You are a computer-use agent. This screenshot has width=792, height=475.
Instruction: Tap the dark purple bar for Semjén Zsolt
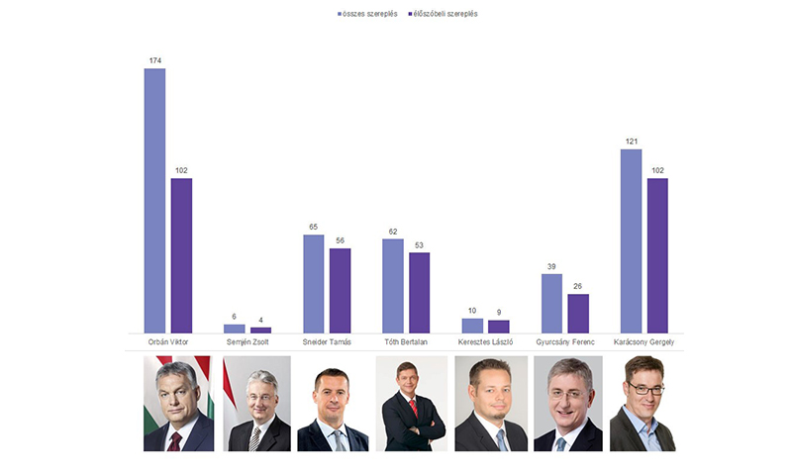point(260,330)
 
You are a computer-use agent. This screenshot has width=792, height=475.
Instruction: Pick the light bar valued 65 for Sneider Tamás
point(313,283)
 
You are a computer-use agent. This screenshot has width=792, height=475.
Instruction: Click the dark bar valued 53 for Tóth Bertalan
point(419,292)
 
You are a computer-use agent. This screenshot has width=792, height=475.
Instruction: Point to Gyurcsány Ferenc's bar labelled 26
point(578,313)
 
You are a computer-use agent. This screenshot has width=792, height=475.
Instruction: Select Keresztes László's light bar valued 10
point(472,325)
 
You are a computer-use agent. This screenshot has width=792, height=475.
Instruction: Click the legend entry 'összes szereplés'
point(367,15)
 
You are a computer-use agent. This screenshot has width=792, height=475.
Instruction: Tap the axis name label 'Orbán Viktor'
point(168,342)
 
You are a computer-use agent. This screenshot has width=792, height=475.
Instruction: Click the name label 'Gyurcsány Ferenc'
point(564,342)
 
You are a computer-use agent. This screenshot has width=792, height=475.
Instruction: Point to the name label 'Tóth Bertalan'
point(406,342)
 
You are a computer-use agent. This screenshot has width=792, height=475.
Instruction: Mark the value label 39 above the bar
point(551,267)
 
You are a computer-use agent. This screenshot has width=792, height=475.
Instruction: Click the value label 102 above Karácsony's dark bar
point(657,171)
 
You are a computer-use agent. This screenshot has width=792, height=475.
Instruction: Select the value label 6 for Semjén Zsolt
point(235,318)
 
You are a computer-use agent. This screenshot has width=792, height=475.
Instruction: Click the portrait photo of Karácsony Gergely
point(643,404)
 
